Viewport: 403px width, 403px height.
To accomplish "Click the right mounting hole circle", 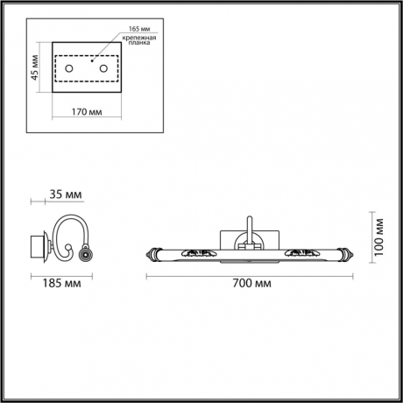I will tap(103, 68).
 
